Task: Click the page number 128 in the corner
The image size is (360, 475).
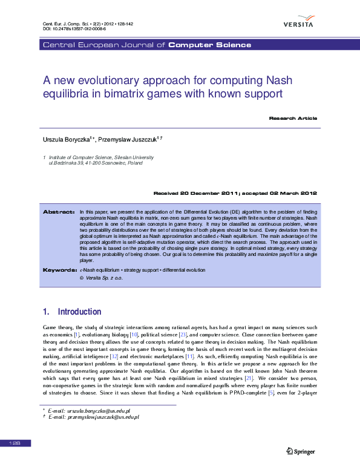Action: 15,444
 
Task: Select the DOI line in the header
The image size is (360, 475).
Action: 74,28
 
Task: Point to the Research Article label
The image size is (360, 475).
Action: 293,118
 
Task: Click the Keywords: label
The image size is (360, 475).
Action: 59,269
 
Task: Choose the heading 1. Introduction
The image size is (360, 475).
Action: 72,312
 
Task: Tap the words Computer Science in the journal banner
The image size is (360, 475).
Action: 209,45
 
